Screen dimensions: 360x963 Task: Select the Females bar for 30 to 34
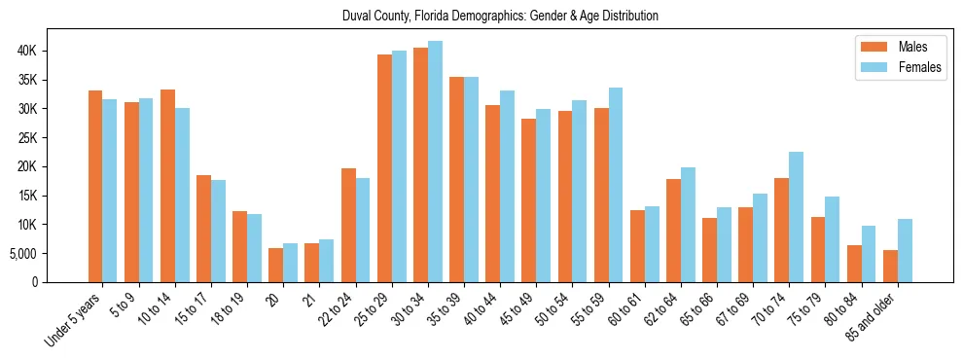[x=435, y=162]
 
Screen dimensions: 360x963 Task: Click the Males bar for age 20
[x=275, y=265]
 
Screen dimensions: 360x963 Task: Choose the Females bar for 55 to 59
[x=616, y=185]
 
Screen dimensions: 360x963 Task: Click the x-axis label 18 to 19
[x=230, y=307]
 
